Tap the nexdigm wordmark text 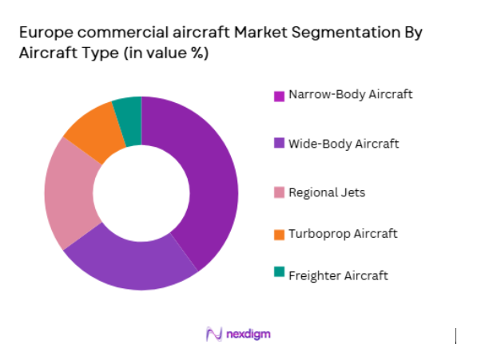click(248, 334)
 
